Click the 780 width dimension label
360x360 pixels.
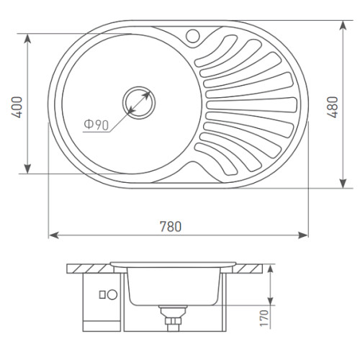(171, 227)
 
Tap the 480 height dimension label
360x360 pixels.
(333, 107)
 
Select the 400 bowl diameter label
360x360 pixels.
(17, 107)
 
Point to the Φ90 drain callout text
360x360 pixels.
(96, 125)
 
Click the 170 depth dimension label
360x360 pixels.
(264, 318)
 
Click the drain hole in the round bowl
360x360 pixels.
(139, 103)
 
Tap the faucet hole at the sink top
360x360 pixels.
(193, 36)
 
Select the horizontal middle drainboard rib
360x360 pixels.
(251, 105)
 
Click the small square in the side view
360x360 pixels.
(102, 294)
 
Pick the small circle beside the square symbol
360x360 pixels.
(112, 294)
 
